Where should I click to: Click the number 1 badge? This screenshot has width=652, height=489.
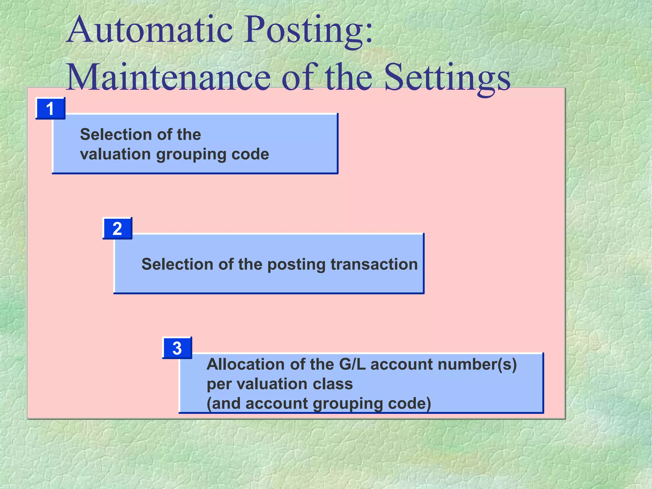[x=50, y=109]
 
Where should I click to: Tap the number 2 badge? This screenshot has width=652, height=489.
[x=117, y=229]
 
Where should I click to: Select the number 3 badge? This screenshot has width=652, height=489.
[x=177, y=348]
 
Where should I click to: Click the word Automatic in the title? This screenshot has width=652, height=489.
[x=150, y=31]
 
